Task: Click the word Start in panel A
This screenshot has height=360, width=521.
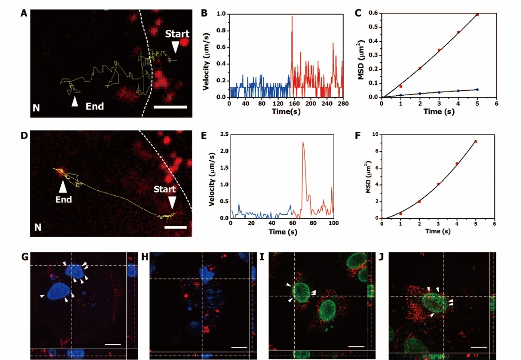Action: [x=177, y=34]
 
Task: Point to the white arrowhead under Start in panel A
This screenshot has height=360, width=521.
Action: [x=176, y=46]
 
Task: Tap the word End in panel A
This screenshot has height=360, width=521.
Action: [x=95, y=106]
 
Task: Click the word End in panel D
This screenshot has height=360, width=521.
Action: [x=64, y=200]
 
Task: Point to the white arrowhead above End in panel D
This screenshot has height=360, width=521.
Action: [x=63, y=187]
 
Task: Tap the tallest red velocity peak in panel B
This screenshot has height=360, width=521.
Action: [x=292, y=17]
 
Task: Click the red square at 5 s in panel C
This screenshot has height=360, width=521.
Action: [x=477, y=15]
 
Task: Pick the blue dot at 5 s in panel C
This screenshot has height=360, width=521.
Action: [x=477, y=89]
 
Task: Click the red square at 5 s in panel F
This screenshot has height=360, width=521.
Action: [x=475, y=141]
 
